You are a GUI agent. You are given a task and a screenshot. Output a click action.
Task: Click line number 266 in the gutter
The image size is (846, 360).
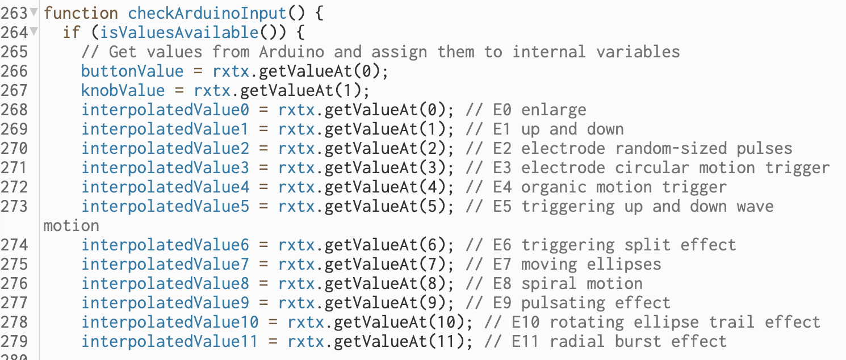pyautogui.click(x=14, y=71)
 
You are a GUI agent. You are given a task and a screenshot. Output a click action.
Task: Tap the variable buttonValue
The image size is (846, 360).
pyautogui.click(x=132, y=71)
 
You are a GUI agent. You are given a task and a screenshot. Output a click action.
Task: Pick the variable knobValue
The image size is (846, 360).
pyautogui.click(x=123, y=90)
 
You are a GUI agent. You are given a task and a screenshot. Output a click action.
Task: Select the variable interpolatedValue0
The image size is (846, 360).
pyautogui.click(x=165, y=110)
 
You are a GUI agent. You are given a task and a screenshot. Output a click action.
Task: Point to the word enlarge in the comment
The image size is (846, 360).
pyautogui.click(x=554, y=110)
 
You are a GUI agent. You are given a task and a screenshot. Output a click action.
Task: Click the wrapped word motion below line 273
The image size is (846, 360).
pyautogui.click(x=71, y=225)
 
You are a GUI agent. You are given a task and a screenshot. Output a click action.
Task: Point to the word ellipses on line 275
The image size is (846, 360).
pyautogui.click(x=624, y=264)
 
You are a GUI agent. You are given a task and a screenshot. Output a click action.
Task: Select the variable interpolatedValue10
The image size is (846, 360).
pyautogui.click(x=170, y=322)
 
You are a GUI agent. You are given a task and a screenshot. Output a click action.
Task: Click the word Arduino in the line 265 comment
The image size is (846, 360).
pyautogui.click(x=291, y=52)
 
